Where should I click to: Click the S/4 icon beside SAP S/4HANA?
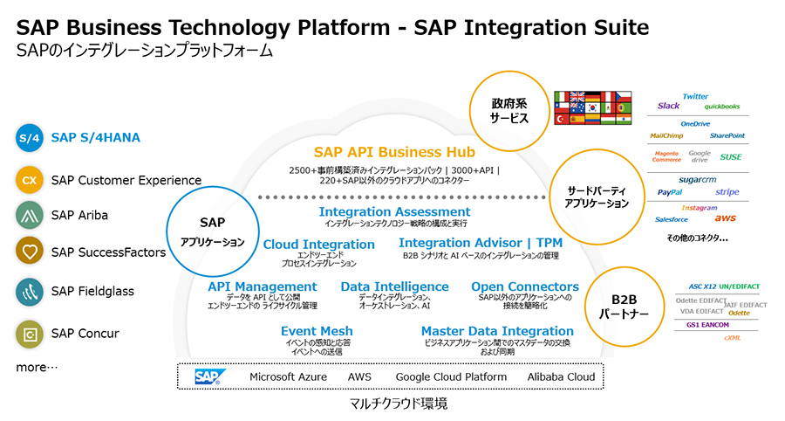(30, 137)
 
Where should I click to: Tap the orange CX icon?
(30, 181)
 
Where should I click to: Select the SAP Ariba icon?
(30, 215)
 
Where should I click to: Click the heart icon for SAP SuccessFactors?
(30, 252)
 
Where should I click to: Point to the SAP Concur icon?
(30, 333)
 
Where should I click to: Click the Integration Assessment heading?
(394, 211)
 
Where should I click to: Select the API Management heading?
(262, 286)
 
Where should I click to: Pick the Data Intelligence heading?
(394, 286)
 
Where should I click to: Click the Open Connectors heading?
(524, 286)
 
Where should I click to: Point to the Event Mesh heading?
(317, 331)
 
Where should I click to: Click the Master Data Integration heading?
(497, 331)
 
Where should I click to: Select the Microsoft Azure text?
(288, 376)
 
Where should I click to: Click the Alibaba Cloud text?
(561, 376)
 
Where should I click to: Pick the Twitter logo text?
(695, 96)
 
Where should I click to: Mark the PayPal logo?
(670, 192)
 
